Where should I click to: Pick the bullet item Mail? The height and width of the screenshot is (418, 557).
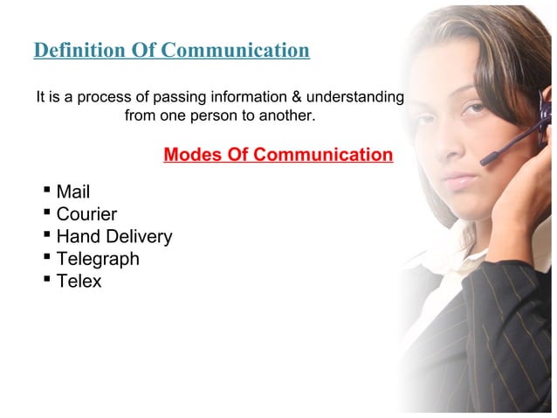72,192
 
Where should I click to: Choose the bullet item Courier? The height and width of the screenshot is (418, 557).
86,214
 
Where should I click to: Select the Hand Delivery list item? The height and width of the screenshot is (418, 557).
113,236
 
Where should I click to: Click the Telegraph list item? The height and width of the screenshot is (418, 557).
98,259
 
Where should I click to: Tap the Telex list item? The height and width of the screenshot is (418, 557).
79,282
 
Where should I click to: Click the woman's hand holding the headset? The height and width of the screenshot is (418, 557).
528,197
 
